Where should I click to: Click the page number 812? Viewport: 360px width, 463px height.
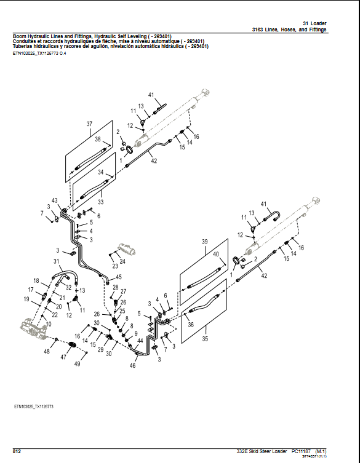(18, 452)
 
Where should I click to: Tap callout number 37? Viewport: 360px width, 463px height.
(89, 124)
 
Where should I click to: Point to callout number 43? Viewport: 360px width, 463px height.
(55, 201)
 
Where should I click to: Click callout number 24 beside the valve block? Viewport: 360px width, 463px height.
(122, 261)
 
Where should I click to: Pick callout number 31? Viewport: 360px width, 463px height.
(56, 261)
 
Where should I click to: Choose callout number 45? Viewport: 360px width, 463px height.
(119, 277)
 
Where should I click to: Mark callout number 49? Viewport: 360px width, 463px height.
(78, 364)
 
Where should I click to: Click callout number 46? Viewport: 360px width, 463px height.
(132, 366)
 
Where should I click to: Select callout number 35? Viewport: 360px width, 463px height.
(206, 338)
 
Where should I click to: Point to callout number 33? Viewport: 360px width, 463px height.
(100, 202)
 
